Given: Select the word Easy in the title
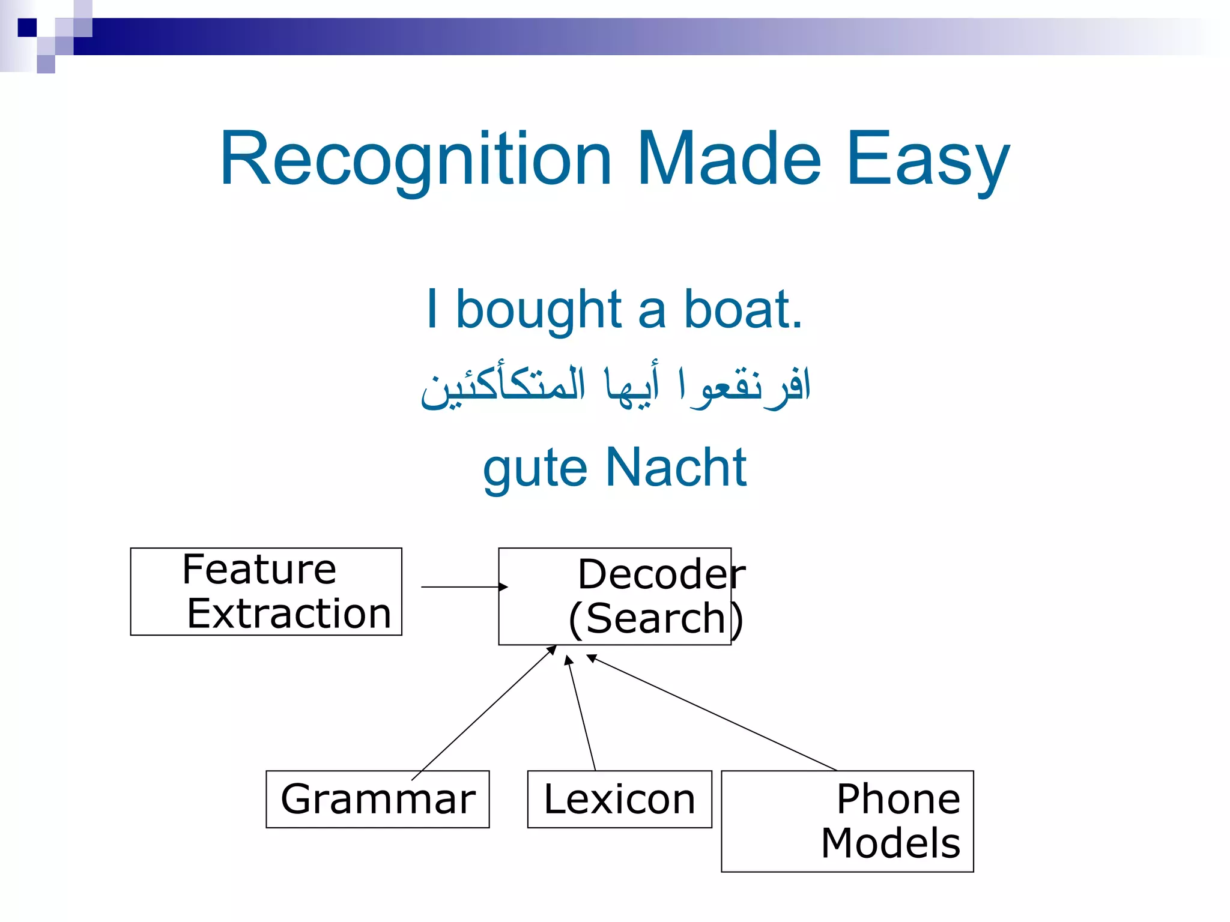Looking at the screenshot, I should click(928, 160).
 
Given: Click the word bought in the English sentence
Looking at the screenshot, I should click(538, 310).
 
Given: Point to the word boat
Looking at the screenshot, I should click(742, 310).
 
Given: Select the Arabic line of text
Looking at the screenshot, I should click(615, 387).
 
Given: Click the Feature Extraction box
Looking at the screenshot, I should click(266, 591).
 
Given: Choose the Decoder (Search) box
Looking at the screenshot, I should click(614, 596).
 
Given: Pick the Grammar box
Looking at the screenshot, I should click(377, 799).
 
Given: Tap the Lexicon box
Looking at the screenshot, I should click(619, 799).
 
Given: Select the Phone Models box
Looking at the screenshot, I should click(847, 821).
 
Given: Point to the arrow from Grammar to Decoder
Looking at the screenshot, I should click(483, 713).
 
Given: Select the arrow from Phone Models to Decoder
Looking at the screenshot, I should click(712, 713).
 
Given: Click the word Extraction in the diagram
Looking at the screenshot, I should click(289, 614).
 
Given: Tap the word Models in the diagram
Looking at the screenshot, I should click(890, 843).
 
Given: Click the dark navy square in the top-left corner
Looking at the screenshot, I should click(27, 28).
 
